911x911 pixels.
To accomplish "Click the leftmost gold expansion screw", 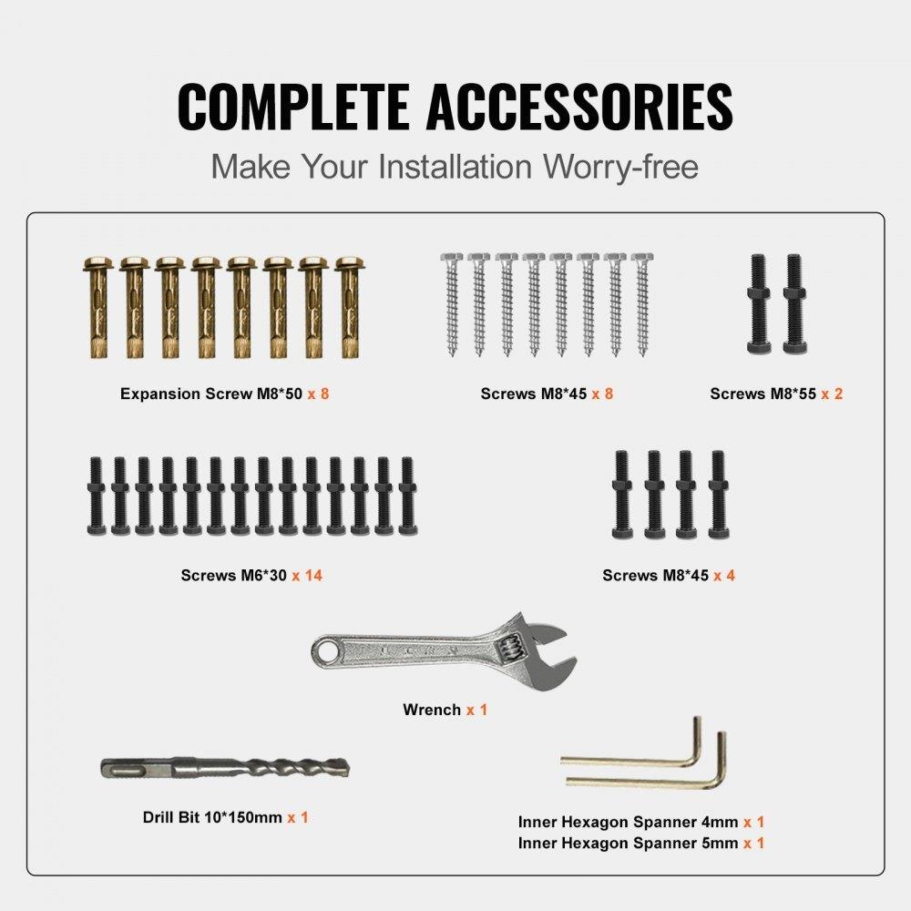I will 97,307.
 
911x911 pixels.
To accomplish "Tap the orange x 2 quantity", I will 831,394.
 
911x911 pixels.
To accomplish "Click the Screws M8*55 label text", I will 763,394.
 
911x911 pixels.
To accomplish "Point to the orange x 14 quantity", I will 307,576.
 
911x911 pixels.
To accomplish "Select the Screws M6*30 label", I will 234,576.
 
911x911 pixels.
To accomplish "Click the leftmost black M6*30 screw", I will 95,496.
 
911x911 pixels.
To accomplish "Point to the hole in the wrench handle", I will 325,650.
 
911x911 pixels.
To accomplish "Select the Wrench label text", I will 432,710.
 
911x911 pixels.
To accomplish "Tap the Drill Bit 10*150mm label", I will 212,818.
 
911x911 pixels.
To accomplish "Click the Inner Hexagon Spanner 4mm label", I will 628,822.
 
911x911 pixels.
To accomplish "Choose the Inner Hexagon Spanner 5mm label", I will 628,844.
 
